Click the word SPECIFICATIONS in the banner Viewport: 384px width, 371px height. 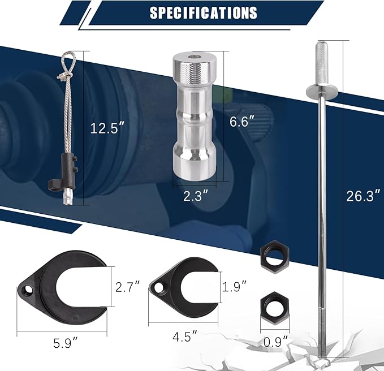[x=203, y=13]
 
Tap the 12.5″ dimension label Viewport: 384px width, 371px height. [x=107, y=128]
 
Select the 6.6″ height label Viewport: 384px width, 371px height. [x=242, y=120]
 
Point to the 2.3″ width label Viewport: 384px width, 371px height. [x=196, y=196]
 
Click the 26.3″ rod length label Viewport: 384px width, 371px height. [x=364, y=196]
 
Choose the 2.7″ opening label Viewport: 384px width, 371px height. [x=128, y=286]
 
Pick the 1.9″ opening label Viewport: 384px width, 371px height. [x=235, y=286]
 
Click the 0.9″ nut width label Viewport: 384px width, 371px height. [x=276, y=341]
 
